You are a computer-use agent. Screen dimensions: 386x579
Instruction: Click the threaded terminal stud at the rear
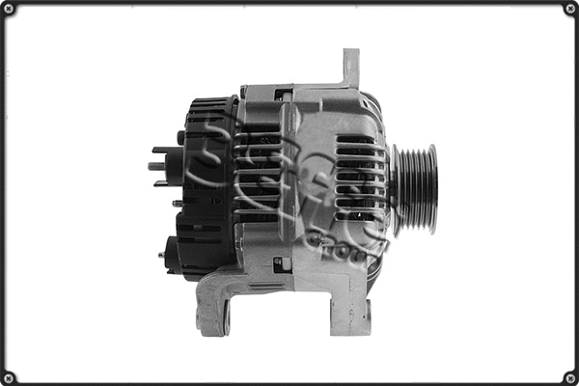(159, 166)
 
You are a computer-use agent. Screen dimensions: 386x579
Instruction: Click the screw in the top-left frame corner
(10, 10)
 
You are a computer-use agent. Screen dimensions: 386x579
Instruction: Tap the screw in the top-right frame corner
(569, 10)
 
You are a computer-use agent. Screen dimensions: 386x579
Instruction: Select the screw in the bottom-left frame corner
(10, 376)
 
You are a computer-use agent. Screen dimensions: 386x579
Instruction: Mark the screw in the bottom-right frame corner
(569, 376)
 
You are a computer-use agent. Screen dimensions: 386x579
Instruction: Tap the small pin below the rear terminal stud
(176, 204)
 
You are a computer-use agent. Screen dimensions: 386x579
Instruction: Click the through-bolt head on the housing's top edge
(282, 95)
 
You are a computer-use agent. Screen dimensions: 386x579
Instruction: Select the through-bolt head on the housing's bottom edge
(281, 262)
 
